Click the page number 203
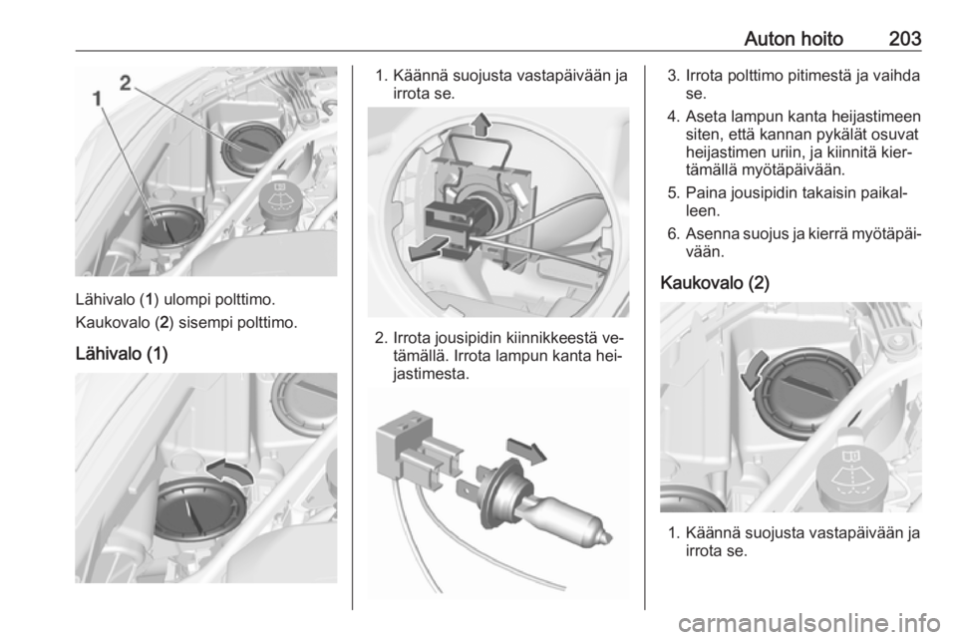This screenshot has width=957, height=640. click(x=904, y=39)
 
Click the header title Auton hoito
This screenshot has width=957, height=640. click(x=794, y=39)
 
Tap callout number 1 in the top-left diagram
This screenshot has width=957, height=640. click(x=98, y=99)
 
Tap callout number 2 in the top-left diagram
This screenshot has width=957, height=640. click(x=126, y=83)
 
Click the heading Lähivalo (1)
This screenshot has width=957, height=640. click(x=122, y=354)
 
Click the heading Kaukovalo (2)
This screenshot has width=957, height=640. click(x=715, y=283)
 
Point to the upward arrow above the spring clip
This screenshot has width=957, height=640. click(x=481, y=124)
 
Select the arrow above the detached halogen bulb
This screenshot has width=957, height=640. click(x=526, y=451)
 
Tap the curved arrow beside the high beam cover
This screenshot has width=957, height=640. click(x=752, y=370)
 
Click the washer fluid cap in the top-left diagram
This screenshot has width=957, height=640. click(x=282, y=197)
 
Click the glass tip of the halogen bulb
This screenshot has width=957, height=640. click(x=604, y=538)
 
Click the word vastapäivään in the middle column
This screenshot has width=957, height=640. click(x=563, y=77)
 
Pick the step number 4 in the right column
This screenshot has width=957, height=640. click(x=672, y=116)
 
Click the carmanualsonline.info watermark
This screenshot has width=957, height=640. click(x=808, y=623)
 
